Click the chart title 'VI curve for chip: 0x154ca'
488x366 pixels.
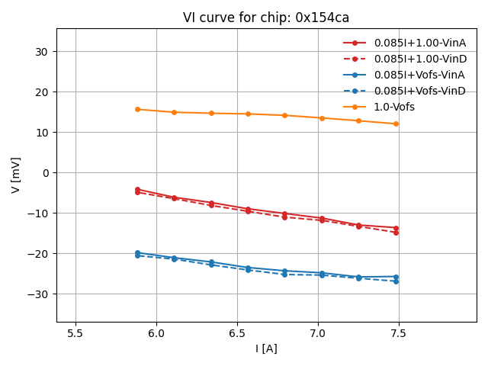(266, 18)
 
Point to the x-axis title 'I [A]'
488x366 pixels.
(266, 348)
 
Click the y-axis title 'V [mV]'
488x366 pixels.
(16, 175)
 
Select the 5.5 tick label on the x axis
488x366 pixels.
(75, 333)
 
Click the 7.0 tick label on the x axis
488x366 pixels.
(318, 333)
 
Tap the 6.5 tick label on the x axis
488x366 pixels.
(237, 333)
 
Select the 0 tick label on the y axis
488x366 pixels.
(46, 173)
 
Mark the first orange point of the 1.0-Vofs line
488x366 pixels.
(137, 109)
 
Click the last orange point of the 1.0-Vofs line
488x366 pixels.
(396, 124)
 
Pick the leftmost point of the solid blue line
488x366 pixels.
(137, 252)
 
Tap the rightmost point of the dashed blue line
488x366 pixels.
(396, 281)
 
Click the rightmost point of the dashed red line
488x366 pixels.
(396, 233)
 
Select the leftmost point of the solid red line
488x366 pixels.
(137, 189)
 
